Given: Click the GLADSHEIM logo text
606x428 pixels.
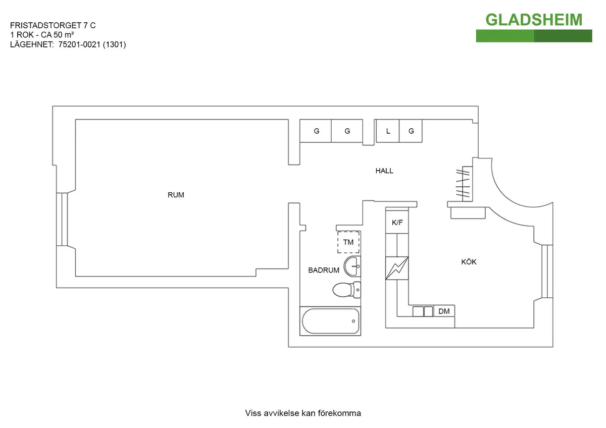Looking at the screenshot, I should click(x=534, y=20).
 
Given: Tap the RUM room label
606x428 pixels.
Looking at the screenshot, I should click(x=176, y=195).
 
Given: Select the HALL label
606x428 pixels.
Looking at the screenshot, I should click(x=384, y=171).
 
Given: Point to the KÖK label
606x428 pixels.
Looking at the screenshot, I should click(x=469, y=262).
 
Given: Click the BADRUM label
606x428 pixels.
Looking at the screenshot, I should click(x=323, y=271).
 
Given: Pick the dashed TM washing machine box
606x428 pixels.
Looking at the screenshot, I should click(x=348, y=242).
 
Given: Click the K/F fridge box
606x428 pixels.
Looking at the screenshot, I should click(x=397, y=222).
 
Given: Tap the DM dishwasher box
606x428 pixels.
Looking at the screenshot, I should click(x=444, y=311).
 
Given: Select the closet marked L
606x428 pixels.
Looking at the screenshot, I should click(x=388, y=131).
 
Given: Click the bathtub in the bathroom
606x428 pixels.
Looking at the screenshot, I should click(x=331, y=320).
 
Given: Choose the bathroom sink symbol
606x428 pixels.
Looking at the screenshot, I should click(x=352, y=264).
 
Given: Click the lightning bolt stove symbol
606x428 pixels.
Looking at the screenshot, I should click(x=396, y=268).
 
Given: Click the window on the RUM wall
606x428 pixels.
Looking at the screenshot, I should click(x=64, y=219).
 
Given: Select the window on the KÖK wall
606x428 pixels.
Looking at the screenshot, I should click(x=544, y=272).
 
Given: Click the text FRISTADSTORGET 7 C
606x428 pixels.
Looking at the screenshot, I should click(x=53, y=25).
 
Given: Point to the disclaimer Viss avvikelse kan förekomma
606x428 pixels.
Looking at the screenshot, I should click(x=303, y=413).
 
